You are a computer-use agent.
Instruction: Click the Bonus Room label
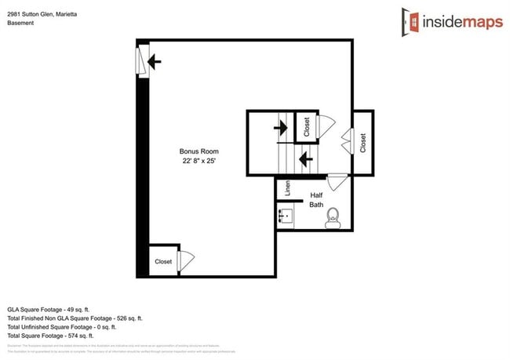point(199,151)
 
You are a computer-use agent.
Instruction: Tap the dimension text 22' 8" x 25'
point(199,161)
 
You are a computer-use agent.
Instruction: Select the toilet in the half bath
point(333,217)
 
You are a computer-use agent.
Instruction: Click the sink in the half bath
point(285,215)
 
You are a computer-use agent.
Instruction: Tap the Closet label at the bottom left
point(163,261)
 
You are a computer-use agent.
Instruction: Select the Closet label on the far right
point(362,142)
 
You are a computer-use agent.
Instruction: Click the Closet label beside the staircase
point(306,127)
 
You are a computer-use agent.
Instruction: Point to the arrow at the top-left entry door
point(154,60)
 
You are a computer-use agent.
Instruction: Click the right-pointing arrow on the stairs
point(279,126)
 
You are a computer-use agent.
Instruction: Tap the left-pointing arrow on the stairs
point(304,159)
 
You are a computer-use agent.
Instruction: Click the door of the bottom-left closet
point(186,260)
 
